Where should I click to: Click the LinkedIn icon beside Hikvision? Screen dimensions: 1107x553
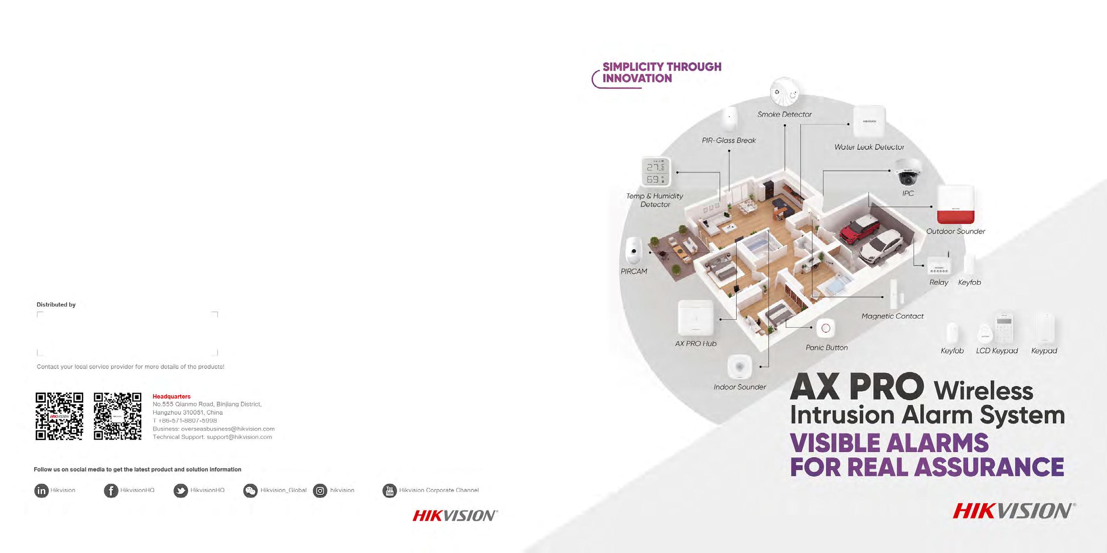(41, 491)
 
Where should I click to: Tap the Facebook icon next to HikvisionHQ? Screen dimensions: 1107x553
(111, 491)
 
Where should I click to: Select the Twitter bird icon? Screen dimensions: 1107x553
(181, 491)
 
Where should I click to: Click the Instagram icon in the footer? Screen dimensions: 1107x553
(320, 491)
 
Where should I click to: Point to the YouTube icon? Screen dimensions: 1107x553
(390, 491)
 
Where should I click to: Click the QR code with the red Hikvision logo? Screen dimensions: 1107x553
(59, 416)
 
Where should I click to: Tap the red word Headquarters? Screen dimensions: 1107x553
(171, 397)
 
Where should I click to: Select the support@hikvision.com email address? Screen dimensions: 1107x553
(239, 437)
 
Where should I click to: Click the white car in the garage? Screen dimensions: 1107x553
(881, 247)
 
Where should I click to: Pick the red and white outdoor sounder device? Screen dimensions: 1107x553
(955, 205)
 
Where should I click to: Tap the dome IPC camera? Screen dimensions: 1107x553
(907, 172)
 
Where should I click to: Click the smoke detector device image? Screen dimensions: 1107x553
(785, 93)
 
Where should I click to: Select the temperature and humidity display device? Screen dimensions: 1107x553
(656, 172)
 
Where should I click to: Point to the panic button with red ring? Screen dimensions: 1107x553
(826, 329)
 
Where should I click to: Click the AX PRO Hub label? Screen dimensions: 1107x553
(696, 344)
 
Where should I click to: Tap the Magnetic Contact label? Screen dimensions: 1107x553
(892, 316)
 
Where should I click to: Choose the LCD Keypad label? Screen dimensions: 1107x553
(996, 351)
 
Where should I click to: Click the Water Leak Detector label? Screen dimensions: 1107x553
(869, 147)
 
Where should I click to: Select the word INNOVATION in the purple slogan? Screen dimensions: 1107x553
(637, 78)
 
